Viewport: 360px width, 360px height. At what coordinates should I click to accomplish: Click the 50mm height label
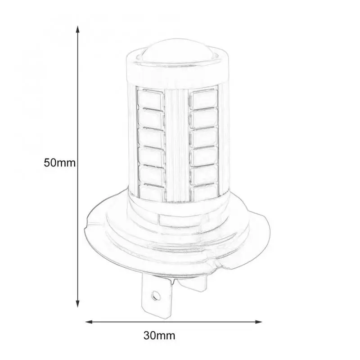[x=58, y=162]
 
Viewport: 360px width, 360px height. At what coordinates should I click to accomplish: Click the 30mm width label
[x=159, y=335]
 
